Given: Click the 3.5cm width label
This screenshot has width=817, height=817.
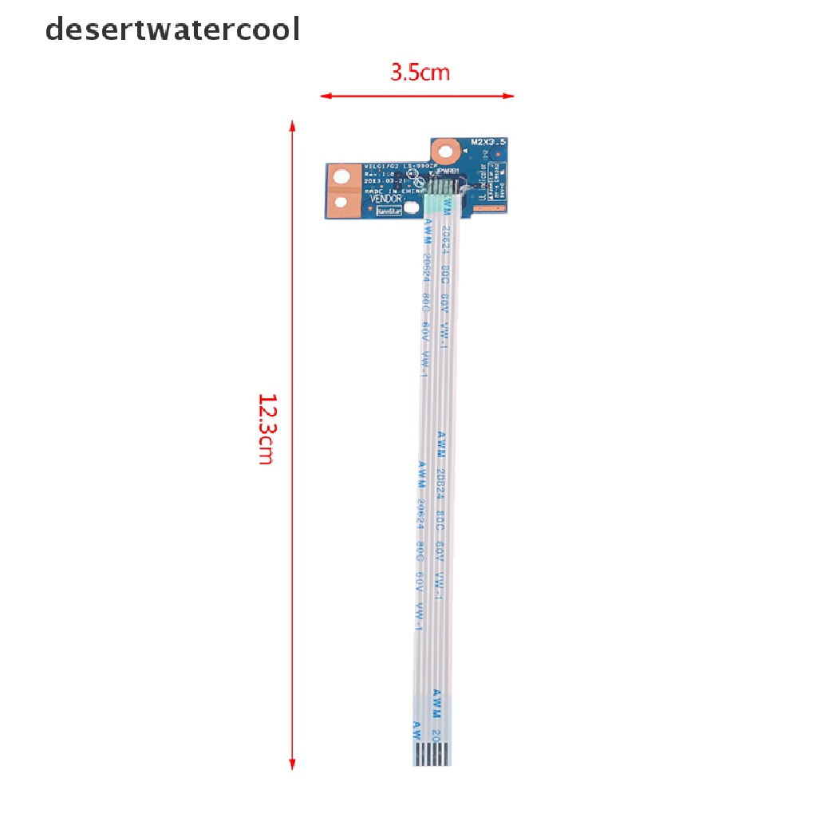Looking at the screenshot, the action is point(420,73).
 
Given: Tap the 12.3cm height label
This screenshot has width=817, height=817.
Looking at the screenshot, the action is point(266,428).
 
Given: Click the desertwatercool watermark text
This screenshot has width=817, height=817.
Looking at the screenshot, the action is point(172,30).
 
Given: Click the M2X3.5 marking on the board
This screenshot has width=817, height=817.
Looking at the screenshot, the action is point(489,141).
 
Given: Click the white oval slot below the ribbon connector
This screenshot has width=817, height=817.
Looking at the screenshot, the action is point(410,209).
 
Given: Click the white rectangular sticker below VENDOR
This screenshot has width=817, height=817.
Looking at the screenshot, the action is point(388,211).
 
